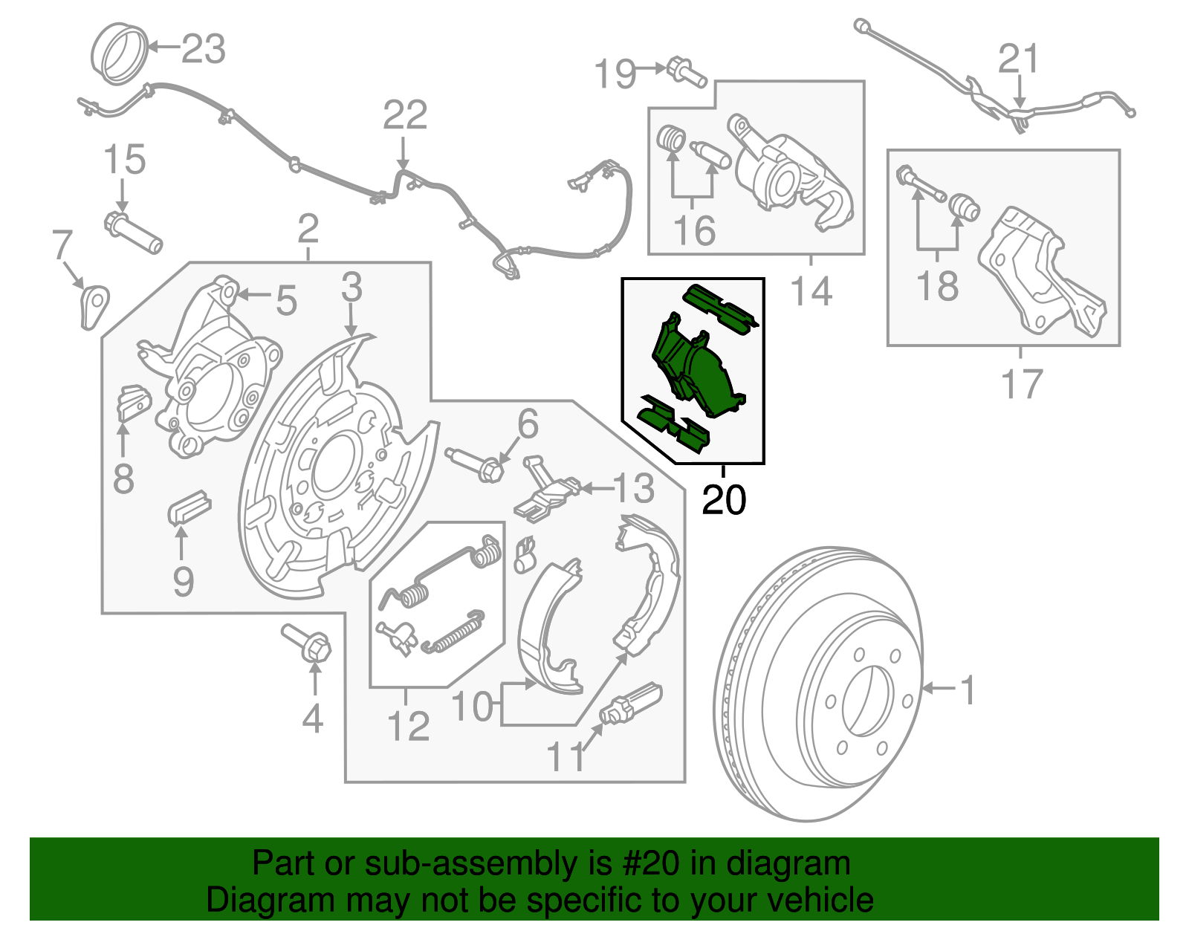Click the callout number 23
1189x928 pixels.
click(203, 49)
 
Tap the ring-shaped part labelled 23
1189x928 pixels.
click(120, 53)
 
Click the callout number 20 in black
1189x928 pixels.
click(723, 500)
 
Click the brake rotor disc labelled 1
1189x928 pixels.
click(817, 684)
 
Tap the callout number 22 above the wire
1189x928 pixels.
click(405, 115)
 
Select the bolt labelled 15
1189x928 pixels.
click(132, 232)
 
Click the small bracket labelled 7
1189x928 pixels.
click(93, 305)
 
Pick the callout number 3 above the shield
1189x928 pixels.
click(351, 288)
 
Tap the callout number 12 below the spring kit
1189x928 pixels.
click(408, 726)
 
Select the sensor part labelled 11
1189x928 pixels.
click(631, 703)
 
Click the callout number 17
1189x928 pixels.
click(1022, 384)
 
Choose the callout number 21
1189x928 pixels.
click(1017, 59)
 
